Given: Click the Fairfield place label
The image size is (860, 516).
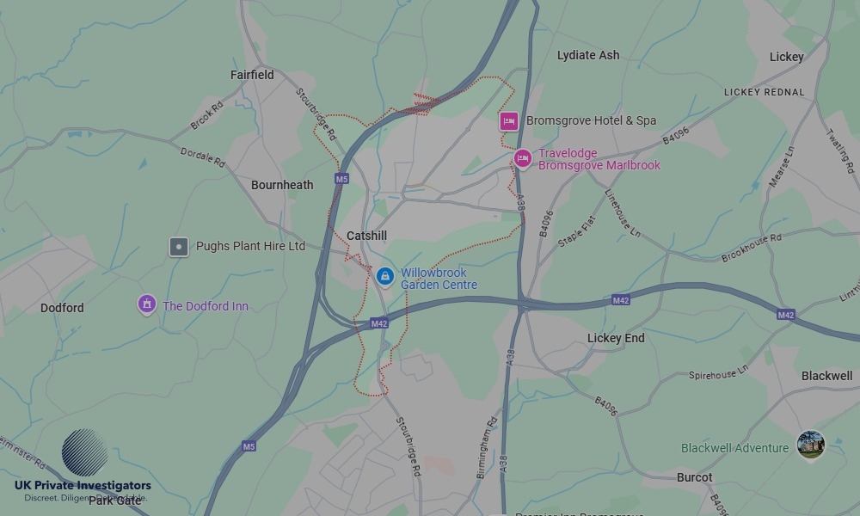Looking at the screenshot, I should (252, 75).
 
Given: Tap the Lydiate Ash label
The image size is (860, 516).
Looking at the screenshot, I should (588, 55).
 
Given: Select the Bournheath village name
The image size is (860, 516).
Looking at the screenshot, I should (282, 185).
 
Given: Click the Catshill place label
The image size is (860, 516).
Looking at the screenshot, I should (366, 236).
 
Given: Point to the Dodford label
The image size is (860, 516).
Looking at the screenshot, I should (62, 308).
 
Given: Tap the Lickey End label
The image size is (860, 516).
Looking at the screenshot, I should (616, 338).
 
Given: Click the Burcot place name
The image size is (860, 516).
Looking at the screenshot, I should (694, 477).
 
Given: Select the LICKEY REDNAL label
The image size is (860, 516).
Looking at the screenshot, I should (765, 92).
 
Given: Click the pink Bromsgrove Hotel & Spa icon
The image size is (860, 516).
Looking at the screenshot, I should (508, 121).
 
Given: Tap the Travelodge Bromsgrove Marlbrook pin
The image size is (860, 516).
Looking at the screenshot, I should (522, 158).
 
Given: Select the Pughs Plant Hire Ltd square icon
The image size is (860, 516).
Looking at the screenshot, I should (178, 247).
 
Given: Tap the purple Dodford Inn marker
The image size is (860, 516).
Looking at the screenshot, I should (147, 304).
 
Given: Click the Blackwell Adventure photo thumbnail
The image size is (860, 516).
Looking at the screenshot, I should (810, 445).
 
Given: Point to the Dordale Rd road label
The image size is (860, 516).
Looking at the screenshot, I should (203, 157).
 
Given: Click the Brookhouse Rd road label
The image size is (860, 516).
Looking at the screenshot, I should (752, 248).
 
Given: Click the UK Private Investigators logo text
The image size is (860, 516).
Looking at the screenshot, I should (83, 486).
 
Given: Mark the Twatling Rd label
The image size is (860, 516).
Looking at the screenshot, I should (840, 150).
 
